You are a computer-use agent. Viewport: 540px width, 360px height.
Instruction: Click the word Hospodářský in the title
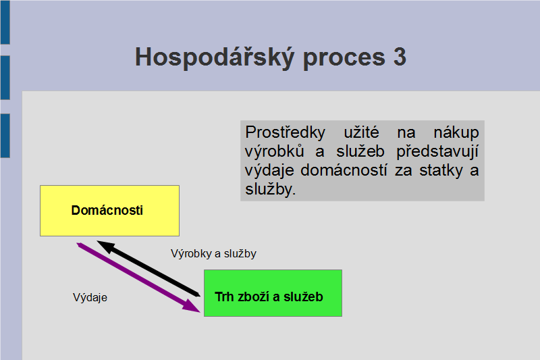pos(215,57)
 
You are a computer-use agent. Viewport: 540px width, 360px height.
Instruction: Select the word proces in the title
pos(344,58)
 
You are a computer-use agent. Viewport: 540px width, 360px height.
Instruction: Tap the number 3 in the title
pos(400,57)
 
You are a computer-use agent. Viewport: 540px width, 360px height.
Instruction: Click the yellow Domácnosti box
pos(109,211)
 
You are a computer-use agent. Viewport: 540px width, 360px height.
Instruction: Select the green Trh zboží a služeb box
pos(273,293)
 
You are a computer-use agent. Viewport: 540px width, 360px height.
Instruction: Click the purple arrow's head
pos(192,307)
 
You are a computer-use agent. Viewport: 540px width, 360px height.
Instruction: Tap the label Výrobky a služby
pos(213,254)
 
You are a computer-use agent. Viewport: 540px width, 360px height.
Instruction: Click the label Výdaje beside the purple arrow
pos(90,298)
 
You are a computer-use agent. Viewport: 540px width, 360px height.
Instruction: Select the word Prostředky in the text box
pos(285,132)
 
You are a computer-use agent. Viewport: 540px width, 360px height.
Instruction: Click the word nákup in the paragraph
pos(456,133)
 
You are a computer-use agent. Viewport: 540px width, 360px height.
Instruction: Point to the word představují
pos(437,152)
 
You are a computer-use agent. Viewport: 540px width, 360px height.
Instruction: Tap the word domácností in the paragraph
pos(344,170)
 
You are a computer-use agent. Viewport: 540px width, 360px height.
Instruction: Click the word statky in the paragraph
pos(441,171)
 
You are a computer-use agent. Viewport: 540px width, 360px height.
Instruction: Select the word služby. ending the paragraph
pos(271,189)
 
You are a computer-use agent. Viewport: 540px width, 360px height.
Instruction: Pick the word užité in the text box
pos(361,132)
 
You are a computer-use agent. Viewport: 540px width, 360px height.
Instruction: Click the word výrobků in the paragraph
pos(275,152)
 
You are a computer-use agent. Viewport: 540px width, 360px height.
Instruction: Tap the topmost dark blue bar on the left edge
pos(5,22)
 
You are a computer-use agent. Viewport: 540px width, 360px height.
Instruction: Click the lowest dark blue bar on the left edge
pos(5,136)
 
